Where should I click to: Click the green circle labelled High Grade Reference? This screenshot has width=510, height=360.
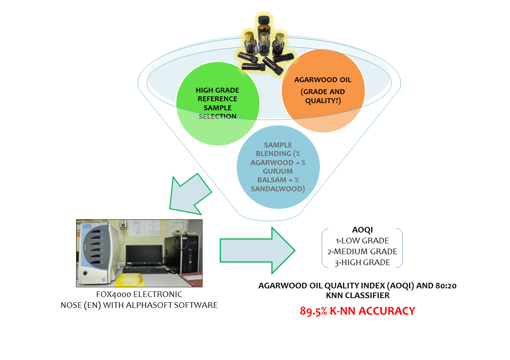[x=217, y=103]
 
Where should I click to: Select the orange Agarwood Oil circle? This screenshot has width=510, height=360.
[x=323, y=90]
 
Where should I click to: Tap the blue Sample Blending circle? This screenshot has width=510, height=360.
[x=278, y=167]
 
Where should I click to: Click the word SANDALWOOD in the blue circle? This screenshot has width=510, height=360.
[x=277, y=189]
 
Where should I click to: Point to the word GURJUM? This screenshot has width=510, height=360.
[x=277, y=171]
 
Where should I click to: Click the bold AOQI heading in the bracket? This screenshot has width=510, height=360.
[x=362, y=229]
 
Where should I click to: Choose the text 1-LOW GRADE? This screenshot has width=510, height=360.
[x=362, y=240]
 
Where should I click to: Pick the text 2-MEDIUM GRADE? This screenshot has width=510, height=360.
[x=362, y=251]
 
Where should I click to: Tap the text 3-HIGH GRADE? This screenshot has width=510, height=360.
[x=362, y=262]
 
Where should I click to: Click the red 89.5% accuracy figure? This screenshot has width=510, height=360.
[x=313, y=311]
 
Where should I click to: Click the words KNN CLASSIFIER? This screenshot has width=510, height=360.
[x=357, y=295]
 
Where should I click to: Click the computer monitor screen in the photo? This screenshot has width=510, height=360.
[x=144, y=255]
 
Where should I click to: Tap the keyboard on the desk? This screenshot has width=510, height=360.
[x=145, y=270]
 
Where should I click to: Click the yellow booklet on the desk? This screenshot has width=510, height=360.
[x=129, y=279]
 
